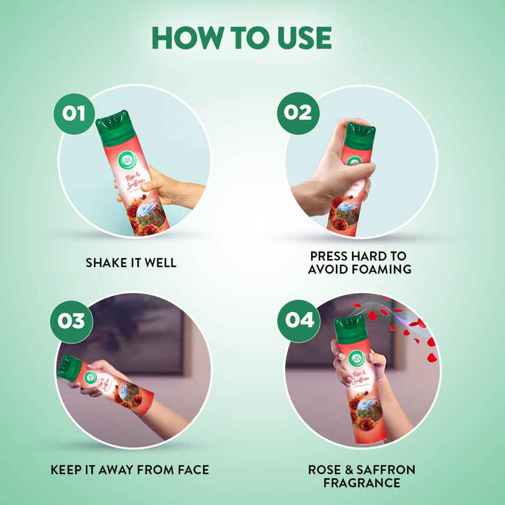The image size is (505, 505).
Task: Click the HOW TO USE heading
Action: click(x=242, y=37)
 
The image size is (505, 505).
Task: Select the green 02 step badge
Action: click(x=298, y=113)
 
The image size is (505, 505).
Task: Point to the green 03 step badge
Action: click(x=71, y=321)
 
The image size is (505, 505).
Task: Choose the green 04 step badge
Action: click(x=299, y=320)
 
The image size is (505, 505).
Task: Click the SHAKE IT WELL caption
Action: click(x=131, y=263)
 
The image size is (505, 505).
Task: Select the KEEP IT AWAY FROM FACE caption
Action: click(x=129, y=470)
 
